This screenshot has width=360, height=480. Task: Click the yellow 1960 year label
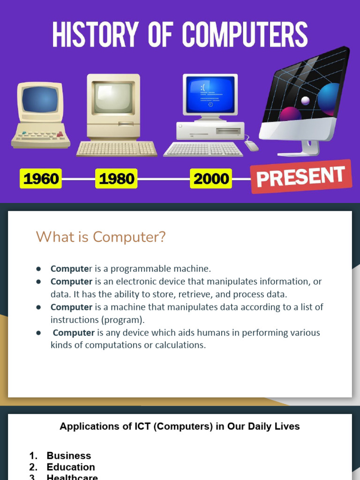(x=41, y=179)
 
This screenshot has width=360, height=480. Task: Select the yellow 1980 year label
(x=116, y=179)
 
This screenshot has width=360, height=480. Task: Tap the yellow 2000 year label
(x=210, y=179)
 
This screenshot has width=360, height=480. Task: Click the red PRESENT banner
(x=300, y=176)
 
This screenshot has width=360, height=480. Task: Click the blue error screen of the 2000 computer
(x=210, y=95)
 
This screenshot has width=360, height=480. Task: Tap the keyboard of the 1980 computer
(x=117, y=149)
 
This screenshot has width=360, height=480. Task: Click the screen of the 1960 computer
(x=40, y=99)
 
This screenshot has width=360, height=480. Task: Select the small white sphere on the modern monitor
(x=306, y=100)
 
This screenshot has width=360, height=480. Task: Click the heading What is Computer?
(x=101, y=237)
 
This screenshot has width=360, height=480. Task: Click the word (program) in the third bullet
(x=126, y=320)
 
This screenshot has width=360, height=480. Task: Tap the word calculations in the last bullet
(x=180, y=345)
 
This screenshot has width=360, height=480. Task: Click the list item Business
(x=68, y=456)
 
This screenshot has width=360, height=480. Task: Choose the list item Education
(x=70, y=467)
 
